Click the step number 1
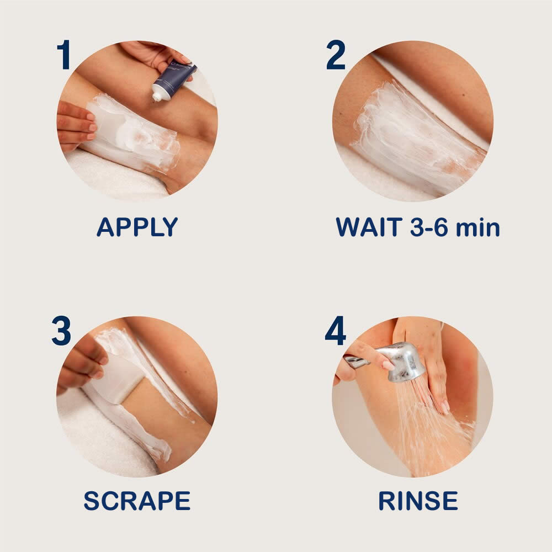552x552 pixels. (x=63, y=54)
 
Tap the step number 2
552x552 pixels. (x=336, y=54)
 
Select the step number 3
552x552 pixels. (x=61, y=331)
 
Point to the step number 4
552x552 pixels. (x=335, y=331)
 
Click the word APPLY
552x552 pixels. (x=137, y=227)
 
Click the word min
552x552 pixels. (x=477, y=228)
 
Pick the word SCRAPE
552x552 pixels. (x=137, y=501)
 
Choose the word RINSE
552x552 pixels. (x=418, y=501)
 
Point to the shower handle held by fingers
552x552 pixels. (x=356, y=361)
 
